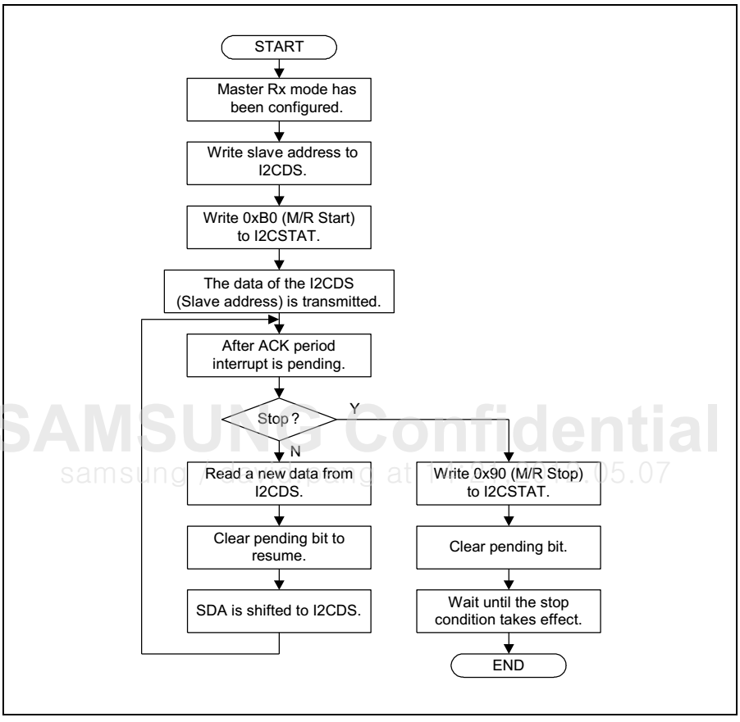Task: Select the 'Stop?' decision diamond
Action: [281, 418]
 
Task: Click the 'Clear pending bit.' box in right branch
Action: [509, 543]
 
